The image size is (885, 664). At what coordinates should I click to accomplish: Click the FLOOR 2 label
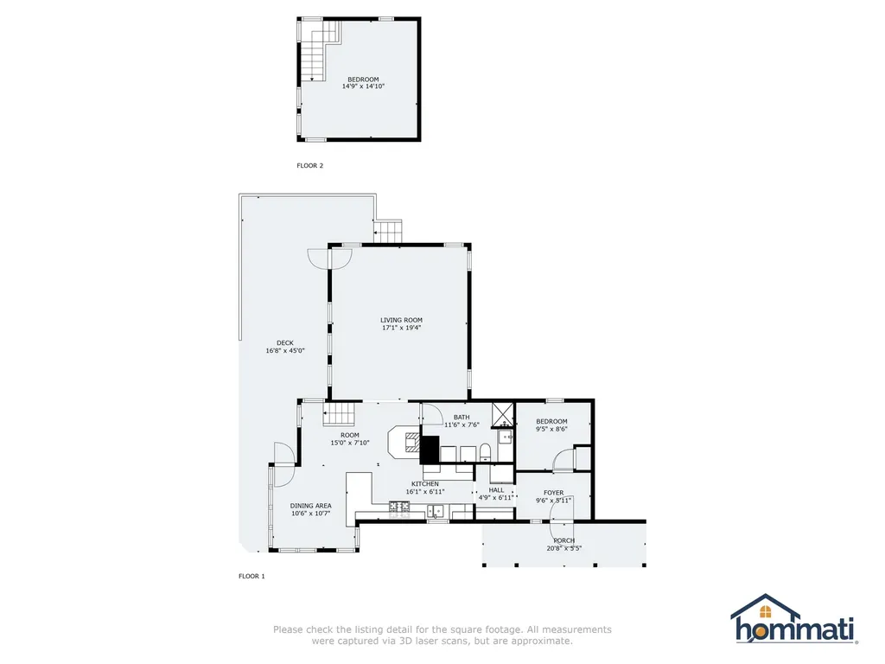310,165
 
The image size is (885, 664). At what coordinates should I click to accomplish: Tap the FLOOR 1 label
251,576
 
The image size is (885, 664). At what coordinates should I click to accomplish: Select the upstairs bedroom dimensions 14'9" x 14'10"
363,86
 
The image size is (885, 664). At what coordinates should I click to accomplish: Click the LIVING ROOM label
401,320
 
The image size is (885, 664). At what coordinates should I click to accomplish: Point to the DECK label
285,342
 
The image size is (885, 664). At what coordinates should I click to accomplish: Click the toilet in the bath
485,452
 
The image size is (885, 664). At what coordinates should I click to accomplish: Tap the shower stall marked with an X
502,414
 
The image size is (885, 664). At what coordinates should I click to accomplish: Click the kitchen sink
435,511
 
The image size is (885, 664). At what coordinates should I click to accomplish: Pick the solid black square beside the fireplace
430,450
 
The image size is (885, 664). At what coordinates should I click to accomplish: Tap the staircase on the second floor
320,50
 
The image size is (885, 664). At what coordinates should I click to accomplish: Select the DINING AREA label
310,506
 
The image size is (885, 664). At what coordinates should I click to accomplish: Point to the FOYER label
554,493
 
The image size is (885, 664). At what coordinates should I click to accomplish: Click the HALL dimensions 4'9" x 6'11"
496,498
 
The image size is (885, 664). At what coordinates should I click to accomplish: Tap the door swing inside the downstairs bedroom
562,460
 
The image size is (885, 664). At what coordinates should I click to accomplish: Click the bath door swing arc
432,414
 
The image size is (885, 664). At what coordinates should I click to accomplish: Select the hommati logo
794,619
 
